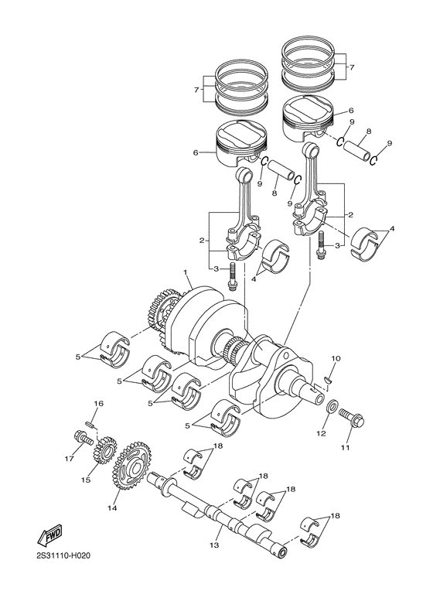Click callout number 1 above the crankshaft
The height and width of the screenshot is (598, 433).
tap(186, 272)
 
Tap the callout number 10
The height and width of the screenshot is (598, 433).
tap(336, 358)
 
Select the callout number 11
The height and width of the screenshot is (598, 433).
tap(346, 448)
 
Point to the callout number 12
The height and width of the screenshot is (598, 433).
tap(322, 433)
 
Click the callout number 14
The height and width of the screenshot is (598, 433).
tap(113, 508)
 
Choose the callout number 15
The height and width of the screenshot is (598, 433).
tap(85, 480)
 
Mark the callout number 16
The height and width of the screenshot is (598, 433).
tap(98, 405)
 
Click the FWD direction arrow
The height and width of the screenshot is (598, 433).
tap(50, 535)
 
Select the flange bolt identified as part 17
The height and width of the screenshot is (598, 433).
tap(80, 437)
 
